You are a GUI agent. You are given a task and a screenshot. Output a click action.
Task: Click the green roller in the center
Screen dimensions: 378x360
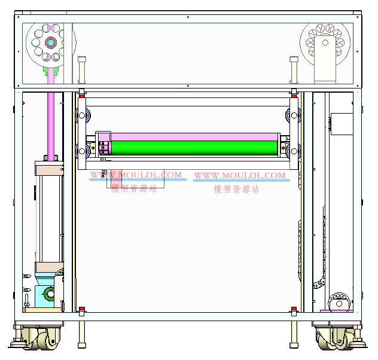pyautogui.click(x=194, y=148)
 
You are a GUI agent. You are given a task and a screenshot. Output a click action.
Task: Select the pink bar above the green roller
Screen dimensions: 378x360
pyautogui.click(x=194, y=137)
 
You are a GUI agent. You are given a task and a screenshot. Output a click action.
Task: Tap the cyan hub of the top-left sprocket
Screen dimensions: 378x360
pyautogui.click(x=51, y=42)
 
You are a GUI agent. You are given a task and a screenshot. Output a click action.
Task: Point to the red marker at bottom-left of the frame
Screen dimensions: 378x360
pyautogui.click(x=82, y=309)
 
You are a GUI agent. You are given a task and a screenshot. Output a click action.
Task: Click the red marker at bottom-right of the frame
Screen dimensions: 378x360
pyautogui.click(x=294, y=309)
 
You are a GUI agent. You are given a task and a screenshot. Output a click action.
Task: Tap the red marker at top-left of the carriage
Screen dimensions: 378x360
pyautogui.click(x=82, y=96)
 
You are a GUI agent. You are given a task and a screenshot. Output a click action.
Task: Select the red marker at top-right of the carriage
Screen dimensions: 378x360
pyautogui.click(x=294, y=96)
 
